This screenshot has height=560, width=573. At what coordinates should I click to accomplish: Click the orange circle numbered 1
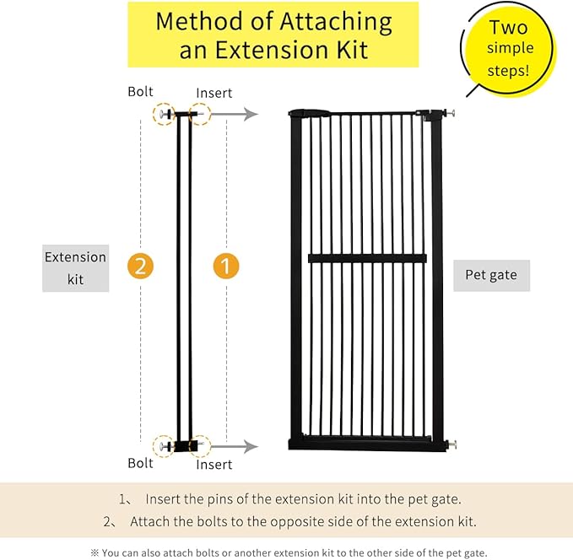(x=225, y=267)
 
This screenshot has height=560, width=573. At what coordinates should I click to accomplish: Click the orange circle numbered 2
(x=141, y=267)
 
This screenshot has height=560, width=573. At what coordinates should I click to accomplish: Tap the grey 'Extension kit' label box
(x=76, y=268)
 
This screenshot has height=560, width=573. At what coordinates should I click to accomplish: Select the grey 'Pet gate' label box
(x=491, y=275)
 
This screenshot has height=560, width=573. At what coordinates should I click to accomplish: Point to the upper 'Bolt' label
(x=140, y=91)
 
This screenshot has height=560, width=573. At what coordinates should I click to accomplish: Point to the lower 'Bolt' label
(x=140, y=463)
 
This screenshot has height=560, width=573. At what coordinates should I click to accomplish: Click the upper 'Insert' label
(x=214, y=93)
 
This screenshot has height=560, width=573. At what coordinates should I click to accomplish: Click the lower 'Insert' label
(x=214, y=465)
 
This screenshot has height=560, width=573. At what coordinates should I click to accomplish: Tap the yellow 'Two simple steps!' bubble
(x=508, y=49)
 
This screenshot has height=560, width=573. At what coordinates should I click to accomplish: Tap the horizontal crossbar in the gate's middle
(x=361, y=258)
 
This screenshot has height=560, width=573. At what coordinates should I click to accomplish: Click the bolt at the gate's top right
(x=451, y=116)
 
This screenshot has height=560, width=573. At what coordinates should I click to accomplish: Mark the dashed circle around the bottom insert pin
(x=200, y=445)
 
